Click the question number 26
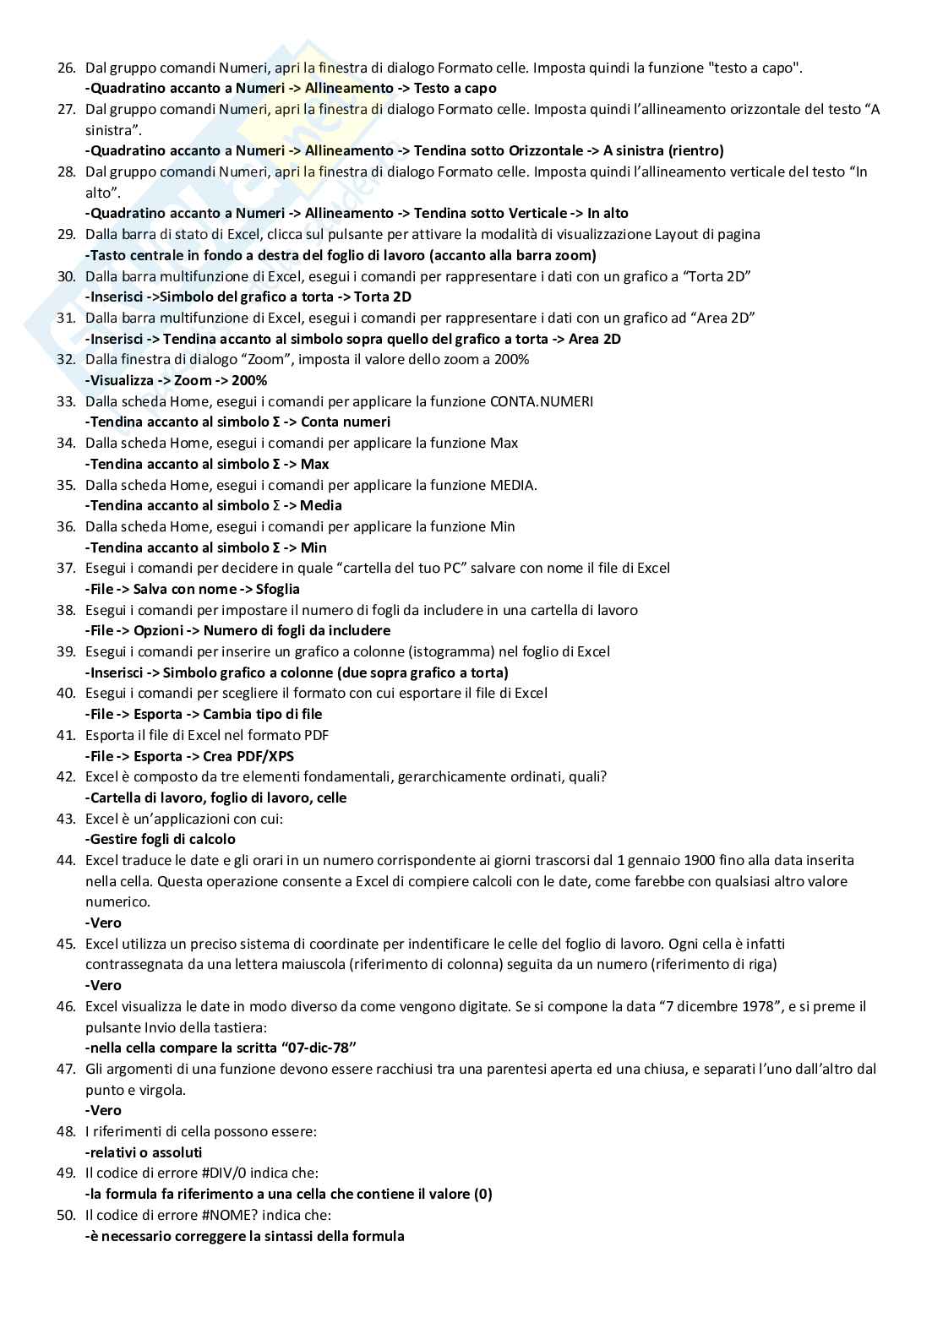pos(66,68)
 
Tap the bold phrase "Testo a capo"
pos(455,88)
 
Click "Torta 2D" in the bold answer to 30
pos(383,297)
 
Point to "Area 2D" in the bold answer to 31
pos(595,339)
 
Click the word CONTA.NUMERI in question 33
pos(542,401)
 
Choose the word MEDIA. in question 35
pos(514,485)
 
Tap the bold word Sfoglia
pos(277,589)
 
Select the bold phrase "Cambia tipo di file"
pos(263,714)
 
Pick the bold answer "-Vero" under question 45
pos(103,985)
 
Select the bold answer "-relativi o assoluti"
pos(144,1152)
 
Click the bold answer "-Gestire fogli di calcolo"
pos(161,839)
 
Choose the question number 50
pos(66,1215)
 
